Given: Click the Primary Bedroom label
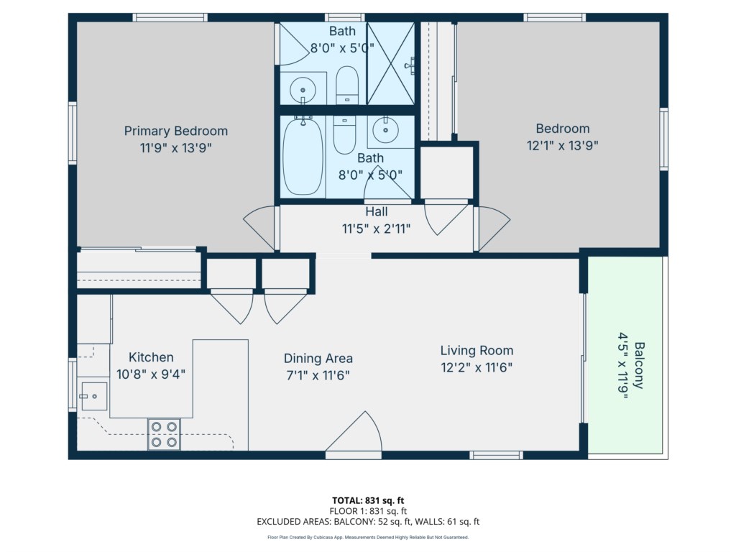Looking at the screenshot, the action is [x=175, y=131].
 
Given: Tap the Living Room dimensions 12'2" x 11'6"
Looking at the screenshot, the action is [x=477, y=367].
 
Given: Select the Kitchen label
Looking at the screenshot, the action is [x=151, y=357].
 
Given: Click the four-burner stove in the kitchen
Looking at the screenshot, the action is [x=164, y=434].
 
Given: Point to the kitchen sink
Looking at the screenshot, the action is [x=94, y=397].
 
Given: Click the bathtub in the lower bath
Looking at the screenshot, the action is [x=303, y=156].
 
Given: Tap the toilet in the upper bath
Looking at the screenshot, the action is [x=347, y=85].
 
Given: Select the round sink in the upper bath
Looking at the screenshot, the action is [x=303, y=90].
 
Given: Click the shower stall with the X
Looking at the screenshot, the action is [x=390, y=64].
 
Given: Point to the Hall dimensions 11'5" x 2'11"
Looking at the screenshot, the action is [x=376, y=229].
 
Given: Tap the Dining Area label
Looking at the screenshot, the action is [x=318, y=359].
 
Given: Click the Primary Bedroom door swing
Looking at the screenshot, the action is [x=259, y=228].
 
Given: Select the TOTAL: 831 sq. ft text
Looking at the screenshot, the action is [x=368, y=500].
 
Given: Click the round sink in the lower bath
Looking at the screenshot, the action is [x=385, y=129].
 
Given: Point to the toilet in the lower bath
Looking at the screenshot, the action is [x=344, y=134].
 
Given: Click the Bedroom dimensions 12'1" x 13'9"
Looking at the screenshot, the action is [x=562, y=145].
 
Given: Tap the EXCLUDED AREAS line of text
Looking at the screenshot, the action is [x=368, y=522].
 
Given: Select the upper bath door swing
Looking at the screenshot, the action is [x=291, y=44].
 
